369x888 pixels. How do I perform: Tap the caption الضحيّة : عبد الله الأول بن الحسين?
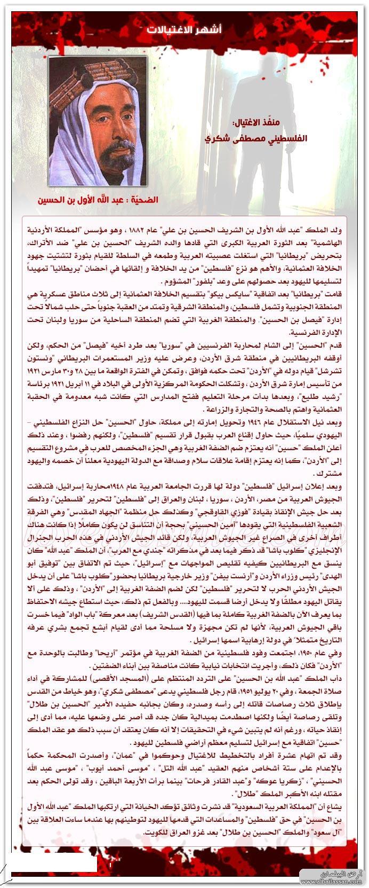(98, 201)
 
